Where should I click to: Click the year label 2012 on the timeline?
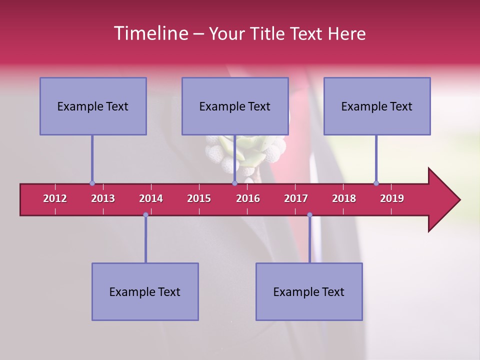[55, 198]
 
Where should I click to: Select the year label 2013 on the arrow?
[103, 198]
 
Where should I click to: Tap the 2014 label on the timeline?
[151, 198]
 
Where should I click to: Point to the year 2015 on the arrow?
[199, 198]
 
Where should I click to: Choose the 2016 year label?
[248, 198]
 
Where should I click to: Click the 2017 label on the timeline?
[296, 198]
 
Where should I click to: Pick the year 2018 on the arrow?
[344, 198]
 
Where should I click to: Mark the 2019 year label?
[392, 198]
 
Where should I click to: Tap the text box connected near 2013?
[93, 106]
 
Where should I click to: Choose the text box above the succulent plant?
[235, 106]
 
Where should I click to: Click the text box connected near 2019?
[377, 106]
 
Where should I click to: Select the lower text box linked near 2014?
[145, 291]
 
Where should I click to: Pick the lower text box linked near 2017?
[309, 291]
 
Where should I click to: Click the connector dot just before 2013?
[92, 183]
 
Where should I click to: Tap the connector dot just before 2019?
[376, 183]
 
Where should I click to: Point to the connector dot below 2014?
[145, 215]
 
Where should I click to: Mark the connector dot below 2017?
[309, 215]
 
